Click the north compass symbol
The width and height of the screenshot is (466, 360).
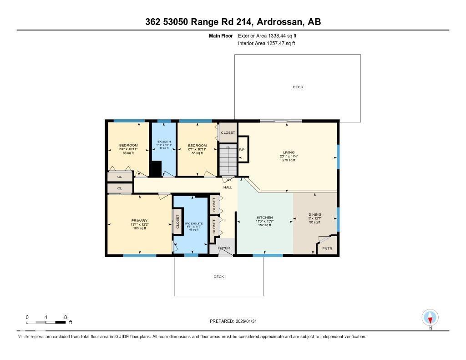click(430, 317)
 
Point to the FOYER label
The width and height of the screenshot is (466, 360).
click(223, 248)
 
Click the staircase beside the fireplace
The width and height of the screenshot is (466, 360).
click(228, 159)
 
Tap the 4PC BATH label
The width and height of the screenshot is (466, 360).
click(163, 142)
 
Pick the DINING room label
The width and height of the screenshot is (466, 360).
click(315, 214)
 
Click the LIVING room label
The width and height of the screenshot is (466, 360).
click(289, 152)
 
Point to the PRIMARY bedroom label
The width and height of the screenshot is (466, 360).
click(139, 221)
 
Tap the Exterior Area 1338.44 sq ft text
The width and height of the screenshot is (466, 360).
click(268, 35)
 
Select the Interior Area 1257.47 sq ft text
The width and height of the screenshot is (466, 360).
click(266, 44)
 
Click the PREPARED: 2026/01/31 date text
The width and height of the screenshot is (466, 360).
click(236, 321)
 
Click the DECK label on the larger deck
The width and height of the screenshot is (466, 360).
click(298, 87)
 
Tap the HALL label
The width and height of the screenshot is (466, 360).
click(228, 187)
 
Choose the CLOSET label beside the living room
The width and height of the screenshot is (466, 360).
click(228, 133)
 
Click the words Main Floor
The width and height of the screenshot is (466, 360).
click(221, 35)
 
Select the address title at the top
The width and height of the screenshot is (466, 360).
click(233, 22)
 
